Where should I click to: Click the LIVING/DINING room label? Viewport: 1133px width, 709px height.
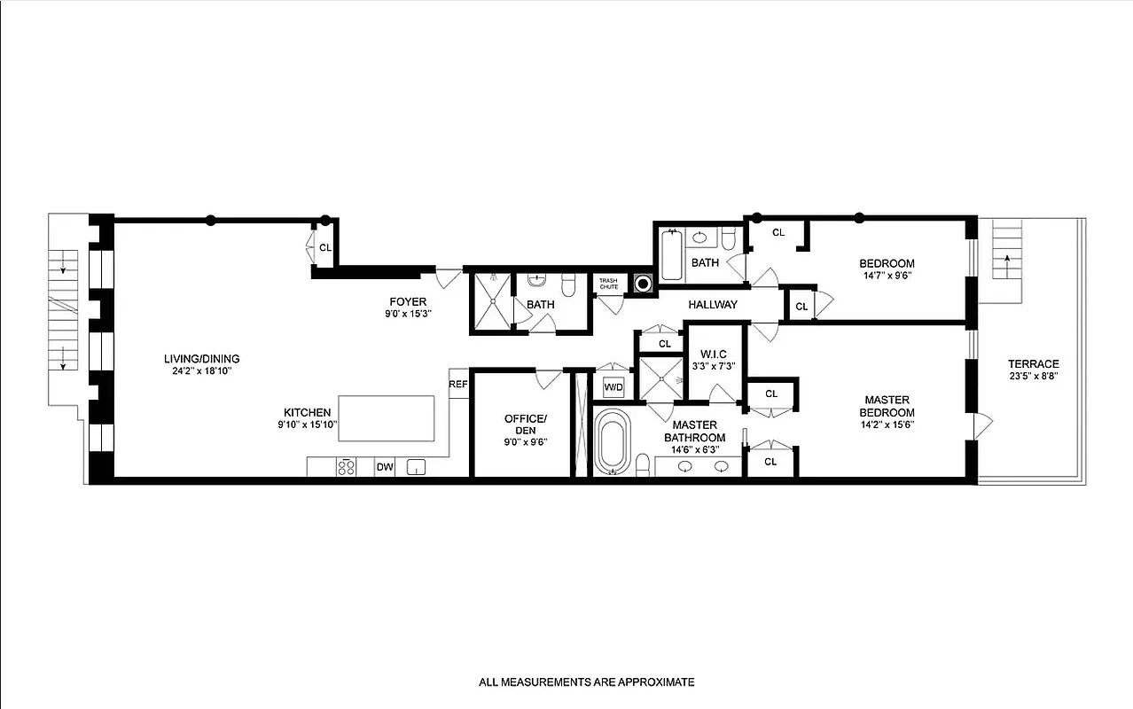coord(201,359)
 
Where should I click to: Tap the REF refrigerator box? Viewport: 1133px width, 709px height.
coord(458,385)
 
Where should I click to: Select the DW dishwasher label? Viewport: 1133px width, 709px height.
coord(384,467)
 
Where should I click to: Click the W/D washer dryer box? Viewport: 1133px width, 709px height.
coord(613,387)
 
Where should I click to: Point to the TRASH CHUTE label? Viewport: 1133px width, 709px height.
coord(608,283)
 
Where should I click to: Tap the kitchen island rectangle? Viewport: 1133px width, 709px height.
coord(387,418)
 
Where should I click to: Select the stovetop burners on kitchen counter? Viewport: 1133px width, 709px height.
coord(347,467)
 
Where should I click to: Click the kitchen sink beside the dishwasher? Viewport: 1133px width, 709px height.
coord(416,467)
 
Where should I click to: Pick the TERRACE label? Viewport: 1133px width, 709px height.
coord(1033,364)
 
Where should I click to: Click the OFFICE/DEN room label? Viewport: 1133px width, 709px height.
coord(526,425)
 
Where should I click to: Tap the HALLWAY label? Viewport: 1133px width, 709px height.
coord(712,305)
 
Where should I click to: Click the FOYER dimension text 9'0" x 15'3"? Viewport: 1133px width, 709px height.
coord(408,314)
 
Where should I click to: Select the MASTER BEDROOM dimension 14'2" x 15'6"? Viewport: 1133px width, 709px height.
coord(887,425)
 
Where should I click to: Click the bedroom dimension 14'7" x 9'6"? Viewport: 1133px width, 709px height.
coord(887,275)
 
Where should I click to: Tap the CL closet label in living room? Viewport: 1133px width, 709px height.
coord(325,247)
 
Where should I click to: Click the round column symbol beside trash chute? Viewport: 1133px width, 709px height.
coord(642,284)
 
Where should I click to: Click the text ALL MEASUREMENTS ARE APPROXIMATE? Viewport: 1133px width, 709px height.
coord(587,682)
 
